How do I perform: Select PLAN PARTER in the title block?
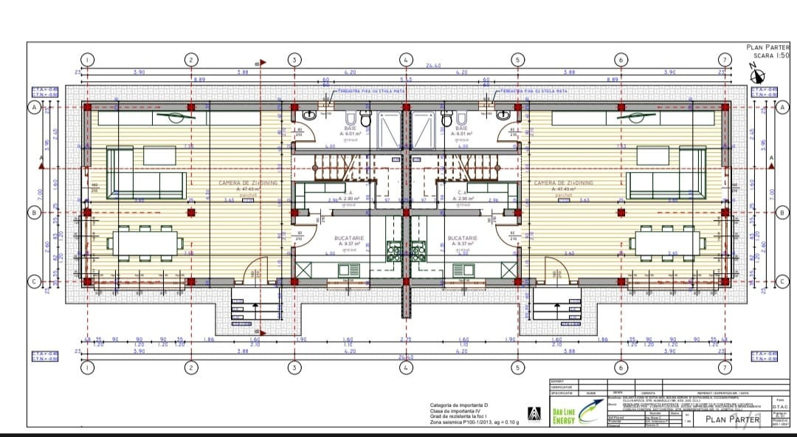[729, 419]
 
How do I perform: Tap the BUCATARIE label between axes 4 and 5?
[463, 238]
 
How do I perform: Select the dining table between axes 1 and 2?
[147, 243]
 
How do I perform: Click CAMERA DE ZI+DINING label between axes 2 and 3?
[248, 182]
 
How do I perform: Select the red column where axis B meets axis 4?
[405, 212]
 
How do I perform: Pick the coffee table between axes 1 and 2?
[159, 156]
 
